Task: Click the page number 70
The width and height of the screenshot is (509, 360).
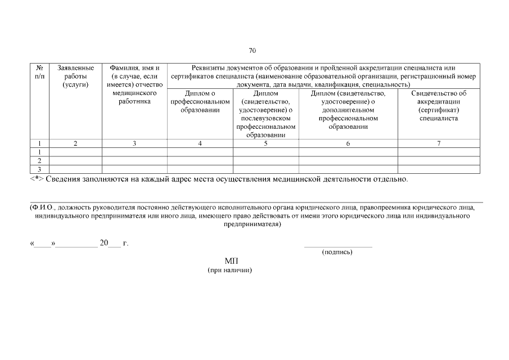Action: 252,51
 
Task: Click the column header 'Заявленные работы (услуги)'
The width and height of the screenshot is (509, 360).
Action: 76,76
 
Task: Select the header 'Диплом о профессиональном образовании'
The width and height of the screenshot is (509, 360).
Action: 200,102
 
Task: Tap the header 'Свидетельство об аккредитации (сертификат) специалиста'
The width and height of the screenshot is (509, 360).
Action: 439,106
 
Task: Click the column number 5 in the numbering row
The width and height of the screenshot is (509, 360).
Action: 265,143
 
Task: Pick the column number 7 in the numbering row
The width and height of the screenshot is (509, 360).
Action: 439,143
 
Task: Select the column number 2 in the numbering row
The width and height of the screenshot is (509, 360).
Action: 76,143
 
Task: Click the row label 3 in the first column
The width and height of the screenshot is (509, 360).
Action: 39,169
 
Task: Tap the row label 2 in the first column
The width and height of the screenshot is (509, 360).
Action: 39,161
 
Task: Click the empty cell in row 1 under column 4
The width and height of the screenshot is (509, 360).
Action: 200,152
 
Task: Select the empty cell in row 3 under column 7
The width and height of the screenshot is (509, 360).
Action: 439,169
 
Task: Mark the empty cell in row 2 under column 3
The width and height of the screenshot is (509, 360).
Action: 134,161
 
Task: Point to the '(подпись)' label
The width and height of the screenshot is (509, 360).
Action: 337,252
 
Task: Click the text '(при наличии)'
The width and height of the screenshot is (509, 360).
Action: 230,271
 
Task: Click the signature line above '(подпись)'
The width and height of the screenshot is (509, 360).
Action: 337,246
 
